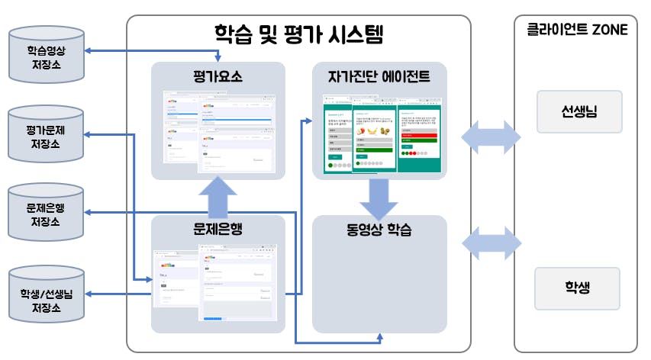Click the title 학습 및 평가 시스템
[x=298, y=34]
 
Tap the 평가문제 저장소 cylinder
[x=47, y=136]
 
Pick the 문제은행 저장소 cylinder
[x=47, y=214]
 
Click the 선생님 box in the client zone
[x=579, y=111]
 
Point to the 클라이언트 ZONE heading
[x=577, y=31]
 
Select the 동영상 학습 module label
[x=379, y=229]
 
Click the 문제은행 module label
[x=218, y=229]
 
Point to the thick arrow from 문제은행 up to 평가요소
[x=218, y=196]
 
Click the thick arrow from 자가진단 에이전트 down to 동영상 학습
[x=379, y=198]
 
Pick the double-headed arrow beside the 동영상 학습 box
[x=491, y=243]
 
